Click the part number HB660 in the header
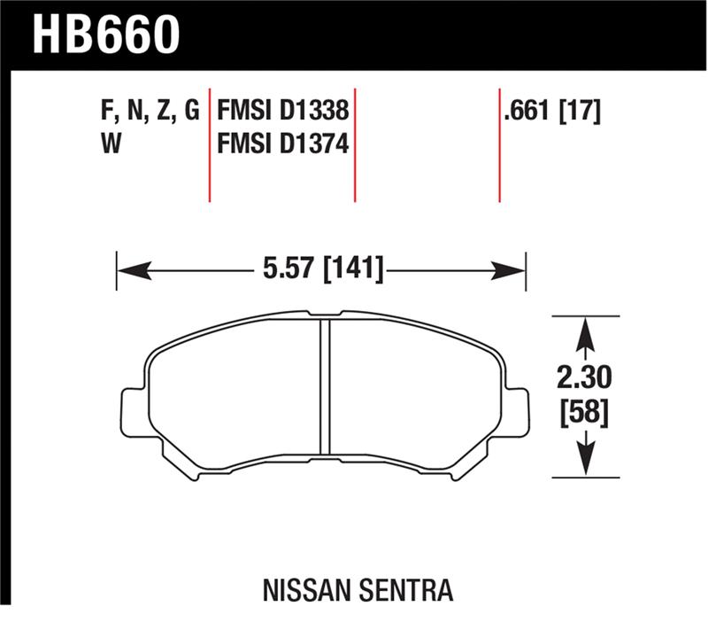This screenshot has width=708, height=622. tap(107, 35)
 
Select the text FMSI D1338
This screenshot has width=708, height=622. tap(282, 113)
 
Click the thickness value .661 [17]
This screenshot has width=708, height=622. tap(550, 113)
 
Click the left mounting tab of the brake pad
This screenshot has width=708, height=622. tap(130, 411)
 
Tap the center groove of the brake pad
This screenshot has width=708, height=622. tap(324, 390)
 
